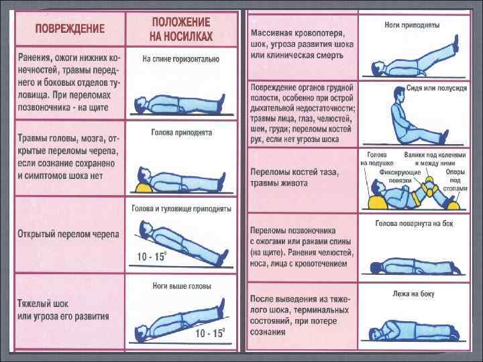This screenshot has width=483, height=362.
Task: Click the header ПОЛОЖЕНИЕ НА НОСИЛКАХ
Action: (181, 28)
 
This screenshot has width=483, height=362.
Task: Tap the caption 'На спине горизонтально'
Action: (180, 60)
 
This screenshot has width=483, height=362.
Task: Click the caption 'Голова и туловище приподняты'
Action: (181, 208)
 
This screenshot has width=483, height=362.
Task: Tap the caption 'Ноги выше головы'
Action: (181, 286)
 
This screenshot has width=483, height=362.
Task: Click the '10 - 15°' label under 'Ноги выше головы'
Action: (210, 333)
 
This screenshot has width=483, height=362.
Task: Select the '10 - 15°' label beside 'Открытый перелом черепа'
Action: (152, 256)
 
